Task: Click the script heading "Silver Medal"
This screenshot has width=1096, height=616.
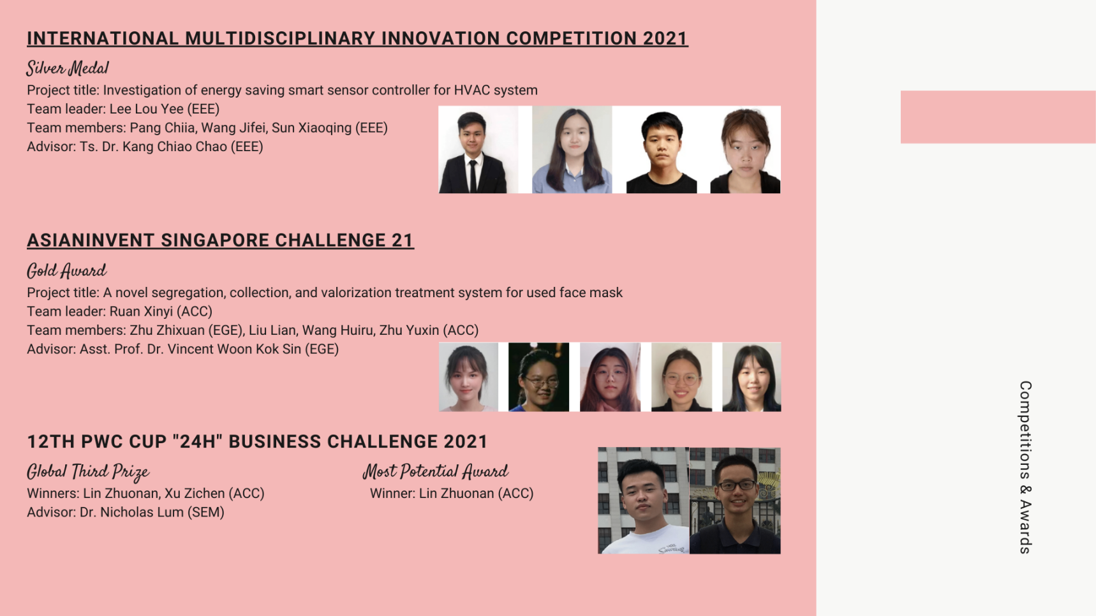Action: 68,68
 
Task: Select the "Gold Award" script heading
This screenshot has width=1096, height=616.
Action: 66,270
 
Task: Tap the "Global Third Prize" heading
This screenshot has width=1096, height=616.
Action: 88,471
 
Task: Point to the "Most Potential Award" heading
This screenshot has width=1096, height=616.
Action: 436,471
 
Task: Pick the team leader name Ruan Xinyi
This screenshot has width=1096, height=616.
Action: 141,311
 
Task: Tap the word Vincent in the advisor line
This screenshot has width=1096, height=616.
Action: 190,349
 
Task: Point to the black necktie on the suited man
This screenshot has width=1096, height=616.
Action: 473,175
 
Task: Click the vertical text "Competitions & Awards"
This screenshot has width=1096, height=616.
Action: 1025,467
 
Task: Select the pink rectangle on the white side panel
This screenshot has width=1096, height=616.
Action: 998,117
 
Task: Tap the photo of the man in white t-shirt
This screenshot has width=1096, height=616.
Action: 643,501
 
